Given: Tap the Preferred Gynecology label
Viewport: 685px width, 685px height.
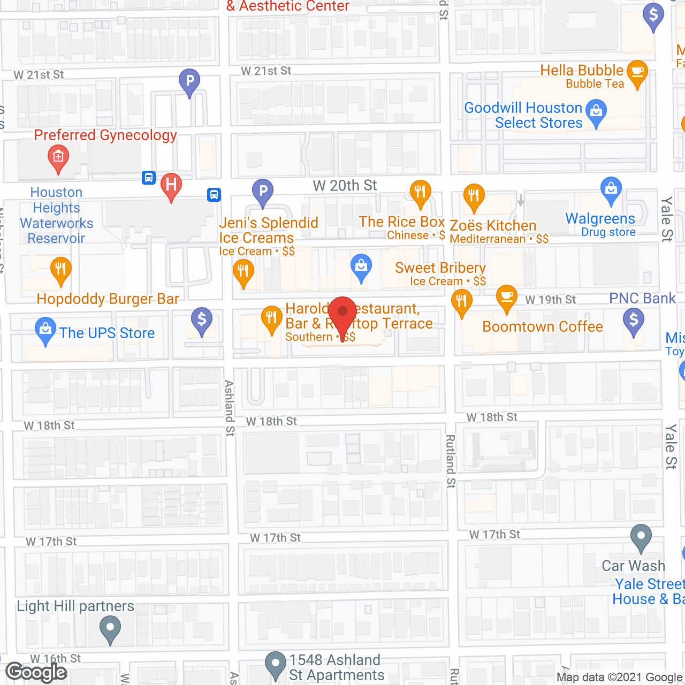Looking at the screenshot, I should point(105,135).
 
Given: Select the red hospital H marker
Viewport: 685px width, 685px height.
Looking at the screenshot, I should point(171,186).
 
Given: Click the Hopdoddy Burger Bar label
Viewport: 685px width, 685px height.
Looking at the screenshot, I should point(108,299).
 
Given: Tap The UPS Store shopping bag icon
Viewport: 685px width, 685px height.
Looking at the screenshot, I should point(45,330).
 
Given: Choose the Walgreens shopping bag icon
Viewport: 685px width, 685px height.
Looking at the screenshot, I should point(611,189).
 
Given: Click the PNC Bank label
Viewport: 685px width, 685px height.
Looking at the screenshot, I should point(642,298).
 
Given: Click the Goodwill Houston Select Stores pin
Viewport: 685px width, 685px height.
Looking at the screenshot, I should point(596,112).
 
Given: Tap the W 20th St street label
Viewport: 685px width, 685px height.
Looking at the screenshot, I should point(345,186).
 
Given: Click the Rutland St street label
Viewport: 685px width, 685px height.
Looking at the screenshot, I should point(451,461).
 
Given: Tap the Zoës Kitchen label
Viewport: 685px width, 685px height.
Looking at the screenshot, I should point(493,225).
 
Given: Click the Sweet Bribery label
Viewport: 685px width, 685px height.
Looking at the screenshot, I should point(440,268).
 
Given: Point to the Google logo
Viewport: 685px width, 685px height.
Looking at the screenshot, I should point(36,672).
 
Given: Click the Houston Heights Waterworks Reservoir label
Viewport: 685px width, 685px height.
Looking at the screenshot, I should point(56,215).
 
